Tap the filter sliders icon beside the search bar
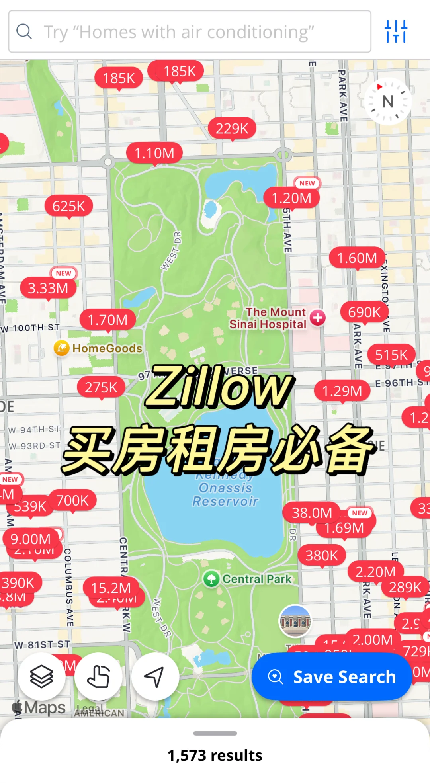point(396,31)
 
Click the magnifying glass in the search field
point(24,31)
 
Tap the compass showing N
point(388,102)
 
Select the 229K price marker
point(232,128)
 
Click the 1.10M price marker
point(154,153)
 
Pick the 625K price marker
point(68,206)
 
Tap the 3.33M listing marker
point(48,288)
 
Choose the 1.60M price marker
point(357,258)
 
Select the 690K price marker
point(364,312)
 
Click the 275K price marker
point(101,387)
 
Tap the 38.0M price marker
point(311,513)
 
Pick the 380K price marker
point(322,555)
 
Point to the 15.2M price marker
point(111,588)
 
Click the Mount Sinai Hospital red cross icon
point(318,318)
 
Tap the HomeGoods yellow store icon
point(62,348)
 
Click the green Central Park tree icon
point(211,579)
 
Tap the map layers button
point(41,676)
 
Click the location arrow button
point(154,676)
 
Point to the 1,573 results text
point(215,755)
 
